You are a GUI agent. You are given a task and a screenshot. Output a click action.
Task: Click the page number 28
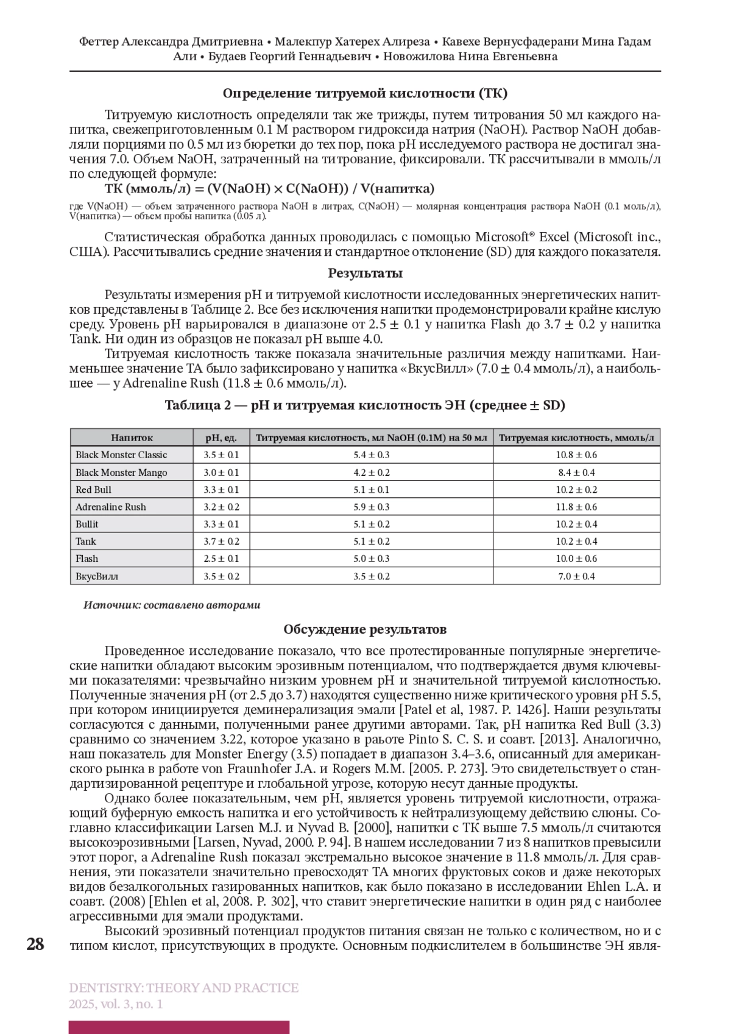35,944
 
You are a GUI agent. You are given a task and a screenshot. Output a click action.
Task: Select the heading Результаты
365,273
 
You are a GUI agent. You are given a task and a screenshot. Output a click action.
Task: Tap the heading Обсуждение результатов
365,629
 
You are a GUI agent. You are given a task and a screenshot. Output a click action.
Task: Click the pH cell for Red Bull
221,489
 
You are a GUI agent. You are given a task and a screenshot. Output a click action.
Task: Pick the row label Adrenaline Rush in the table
111,507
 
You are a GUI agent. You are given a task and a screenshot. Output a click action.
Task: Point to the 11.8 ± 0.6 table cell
576,507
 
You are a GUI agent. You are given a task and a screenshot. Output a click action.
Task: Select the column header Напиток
132,437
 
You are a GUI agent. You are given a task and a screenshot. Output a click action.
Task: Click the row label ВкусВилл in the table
97,576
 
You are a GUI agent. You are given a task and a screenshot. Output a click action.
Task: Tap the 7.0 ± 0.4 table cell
576,576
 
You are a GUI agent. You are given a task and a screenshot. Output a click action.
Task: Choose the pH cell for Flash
221,558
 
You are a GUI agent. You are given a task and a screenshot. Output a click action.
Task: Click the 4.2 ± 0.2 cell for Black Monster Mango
372,472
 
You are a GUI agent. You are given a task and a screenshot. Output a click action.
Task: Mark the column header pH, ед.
221,437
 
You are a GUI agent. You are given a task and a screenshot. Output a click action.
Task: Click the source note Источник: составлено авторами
172,605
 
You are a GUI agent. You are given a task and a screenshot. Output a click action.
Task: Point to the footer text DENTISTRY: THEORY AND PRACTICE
184,988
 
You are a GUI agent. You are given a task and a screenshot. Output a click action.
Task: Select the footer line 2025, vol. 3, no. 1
116,1004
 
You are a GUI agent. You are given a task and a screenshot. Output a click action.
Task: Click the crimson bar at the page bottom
179,1027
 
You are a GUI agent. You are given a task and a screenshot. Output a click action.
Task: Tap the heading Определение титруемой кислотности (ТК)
365,93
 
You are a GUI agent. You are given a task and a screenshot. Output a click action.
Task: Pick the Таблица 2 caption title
365,405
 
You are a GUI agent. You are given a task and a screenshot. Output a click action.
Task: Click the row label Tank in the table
86,541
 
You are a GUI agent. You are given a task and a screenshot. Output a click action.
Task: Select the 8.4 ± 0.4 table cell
576,472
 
